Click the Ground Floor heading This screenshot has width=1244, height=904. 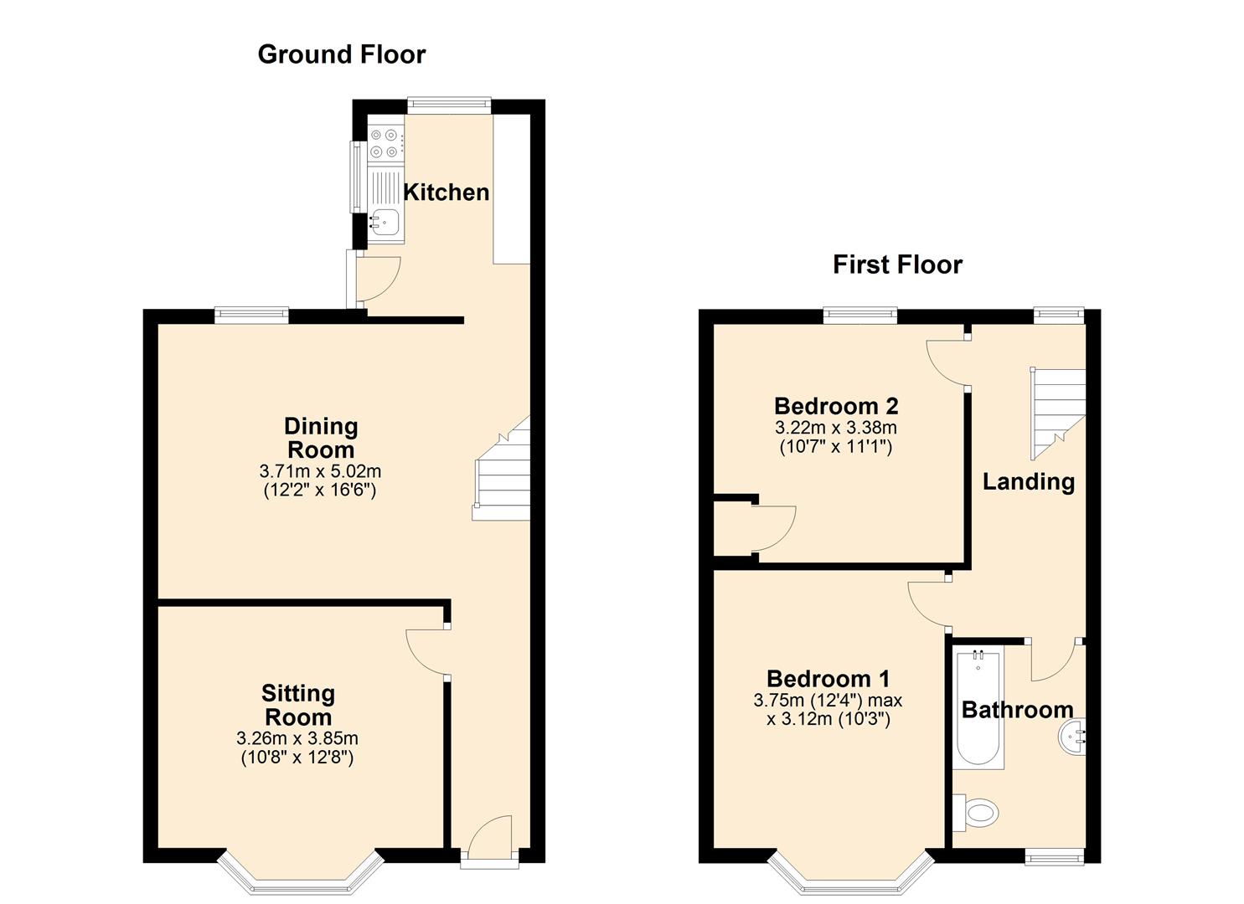point(342,55)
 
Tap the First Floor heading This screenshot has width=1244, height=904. point(897,265)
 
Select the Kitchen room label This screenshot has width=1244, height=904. point(446,193)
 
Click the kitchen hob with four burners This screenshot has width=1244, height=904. point(385,143)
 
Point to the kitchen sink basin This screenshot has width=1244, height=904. point(385,223)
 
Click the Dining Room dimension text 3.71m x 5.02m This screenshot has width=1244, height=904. point(320,472)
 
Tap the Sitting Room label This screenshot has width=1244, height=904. point(298,705)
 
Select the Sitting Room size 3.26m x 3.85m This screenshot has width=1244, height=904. point(297,738)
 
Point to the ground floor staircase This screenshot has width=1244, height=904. point(501,468)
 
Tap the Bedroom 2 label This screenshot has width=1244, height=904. point(836,406)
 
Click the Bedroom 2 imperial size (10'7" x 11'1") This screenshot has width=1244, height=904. point(836,447)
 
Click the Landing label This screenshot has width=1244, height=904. point(1029,481)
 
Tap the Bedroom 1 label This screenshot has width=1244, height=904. point(828,679)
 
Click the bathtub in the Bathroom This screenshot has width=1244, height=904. point(978,709)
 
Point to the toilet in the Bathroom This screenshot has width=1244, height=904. point(976,813)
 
